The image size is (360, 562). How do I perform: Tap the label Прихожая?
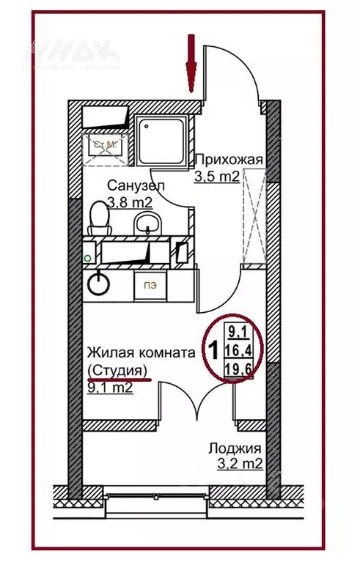click(227, 160)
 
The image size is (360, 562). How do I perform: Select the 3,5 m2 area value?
click(217, 176)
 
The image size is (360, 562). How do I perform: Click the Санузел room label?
click(135, 185)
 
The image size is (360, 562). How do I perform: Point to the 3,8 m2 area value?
click(130, 201)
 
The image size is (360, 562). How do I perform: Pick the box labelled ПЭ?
click(150, 285)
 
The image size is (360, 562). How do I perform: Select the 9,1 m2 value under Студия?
click(109, 388)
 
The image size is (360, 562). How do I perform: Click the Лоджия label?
click(235, 448)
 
